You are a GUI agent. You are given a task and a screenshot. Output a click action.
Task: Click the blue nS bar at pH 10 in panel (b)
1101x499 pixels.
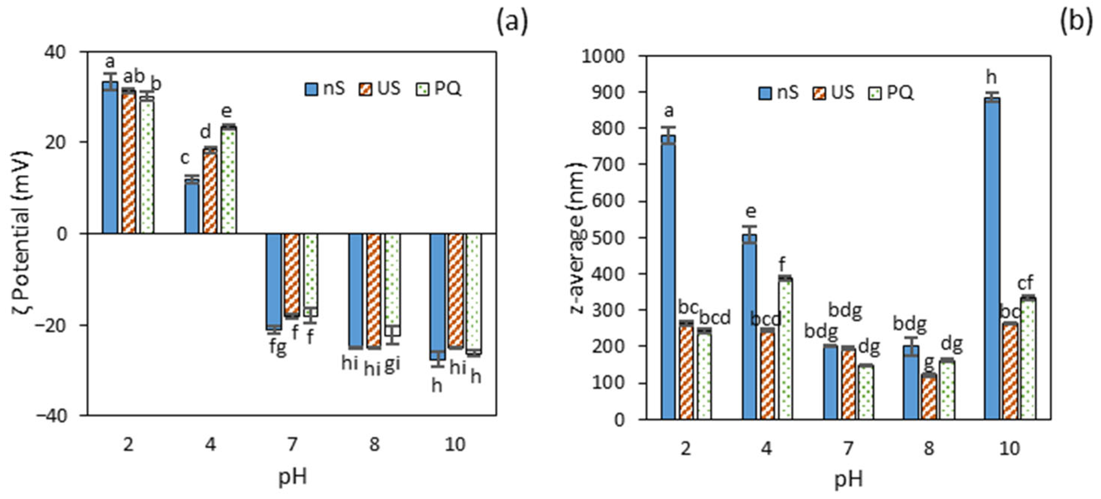pos(992,258)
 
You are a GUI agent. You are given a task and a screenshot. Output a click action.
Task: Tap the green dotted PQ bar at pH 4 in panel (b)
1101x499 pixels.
pos(785,348)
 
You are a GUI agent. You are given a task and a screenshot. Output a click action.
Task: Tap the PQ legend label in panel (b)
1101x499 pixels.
pos(900,92)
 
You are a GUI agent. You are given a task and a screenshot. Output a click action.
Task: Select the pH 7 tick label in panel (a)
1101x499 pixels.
pos(292,445)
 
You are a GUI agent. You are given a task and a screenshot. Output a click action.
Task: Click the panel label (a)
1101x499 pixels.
pos(512,22)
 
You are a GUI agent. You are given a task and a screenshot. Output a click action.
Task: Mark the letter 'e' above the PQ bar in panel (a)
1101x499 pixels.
pos(227,111)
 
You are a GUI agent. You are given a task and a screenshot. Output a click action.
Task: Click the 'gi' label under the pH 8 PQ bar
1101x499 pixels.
pos(393,363)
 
